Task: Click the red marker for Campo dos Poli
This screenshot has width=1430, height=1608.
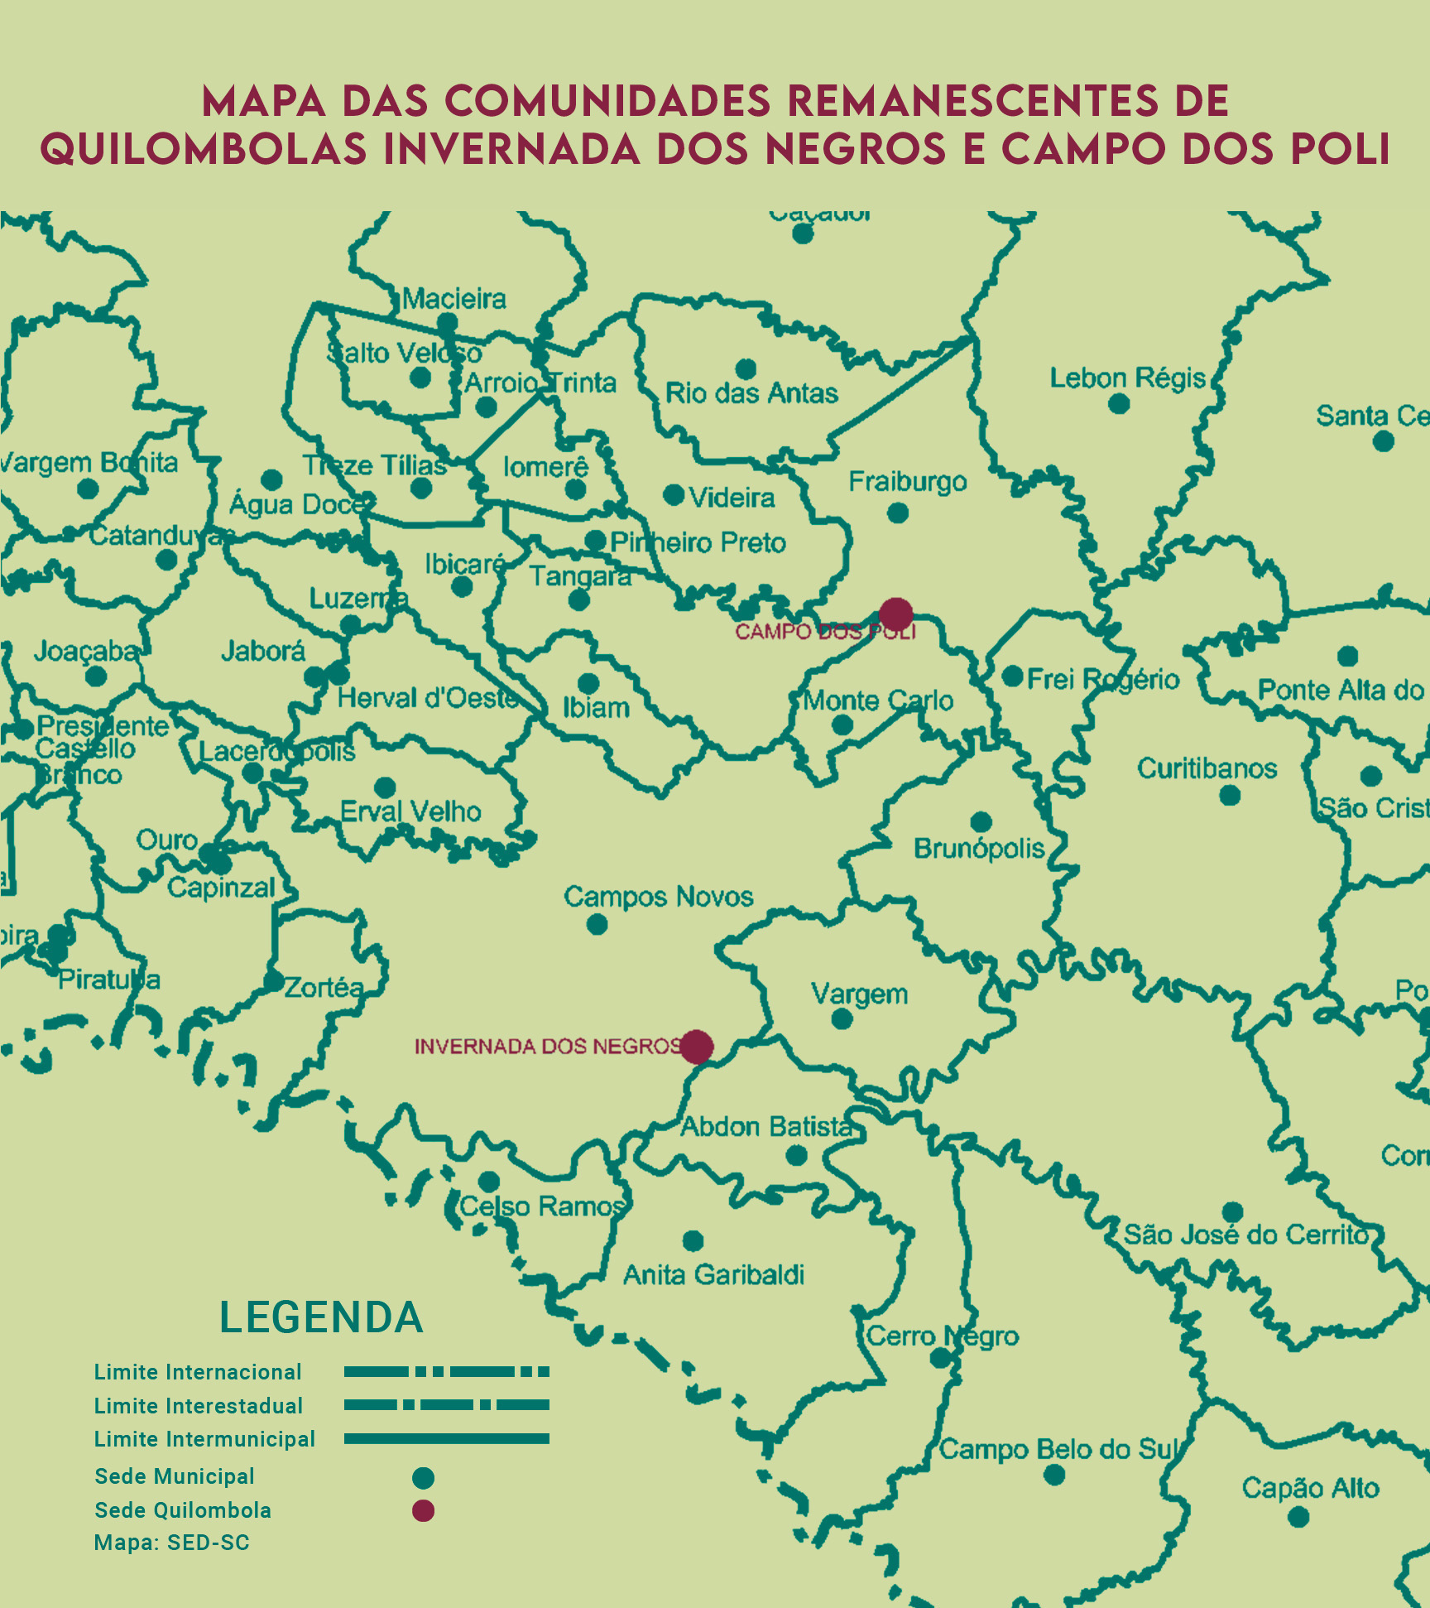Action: [x=895, y=614]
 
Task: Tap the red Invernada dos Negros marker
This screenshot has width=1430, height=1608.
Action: [x=697, y=1047]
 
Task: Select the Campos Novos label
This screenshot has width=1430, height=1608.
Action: [x=658, y=897]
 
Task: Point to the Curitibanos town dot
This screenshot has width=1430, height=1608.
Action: [x=1230, y=796]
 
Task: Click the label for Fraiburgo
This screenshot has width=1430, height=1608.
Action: [x=907, y=481]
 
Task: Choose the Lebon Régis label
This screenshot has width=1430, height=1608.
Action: [x=1127, y=378]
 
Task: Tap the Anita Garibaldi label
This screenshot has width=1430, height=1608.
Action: [x=713, y=1274]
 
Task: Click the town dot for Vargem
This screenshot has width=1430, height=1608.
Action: [x=842, y=1018]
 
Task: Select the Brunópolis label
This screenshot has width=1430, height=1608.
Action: [x=978, y=849]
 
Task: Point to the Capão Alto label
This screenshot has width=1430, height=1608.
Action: [x=1310, y=1488]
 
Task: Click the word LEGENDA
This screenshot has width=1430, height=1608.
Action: [x=321, y=1317]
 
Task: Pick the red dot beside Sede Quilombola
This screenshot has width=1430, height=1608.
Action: [x=423, y=1510]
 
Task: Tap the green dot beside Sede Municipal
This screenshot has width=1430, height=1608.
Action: [x=423, y=1477]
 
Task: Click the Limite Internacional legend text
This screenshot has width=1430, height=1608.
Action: [x=198, y=1372]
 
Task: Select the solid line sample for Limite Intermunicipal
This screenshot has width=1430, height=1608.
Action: [x=446, y=1439]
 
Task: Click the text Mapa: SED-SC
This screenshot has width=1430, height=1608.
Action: [x=171, y=1543]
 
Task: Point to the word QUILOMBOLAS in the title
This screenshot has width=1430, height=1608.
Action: [x=203, y=149]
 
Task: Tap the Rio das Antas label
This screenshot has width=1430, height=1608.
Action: [x=751, y=392]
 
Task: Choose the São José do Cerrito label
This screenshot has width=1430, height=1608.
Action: [x=1246, y=1235]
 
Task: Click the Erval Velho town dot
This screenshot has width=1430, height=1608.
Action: [x=385, y=787]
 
